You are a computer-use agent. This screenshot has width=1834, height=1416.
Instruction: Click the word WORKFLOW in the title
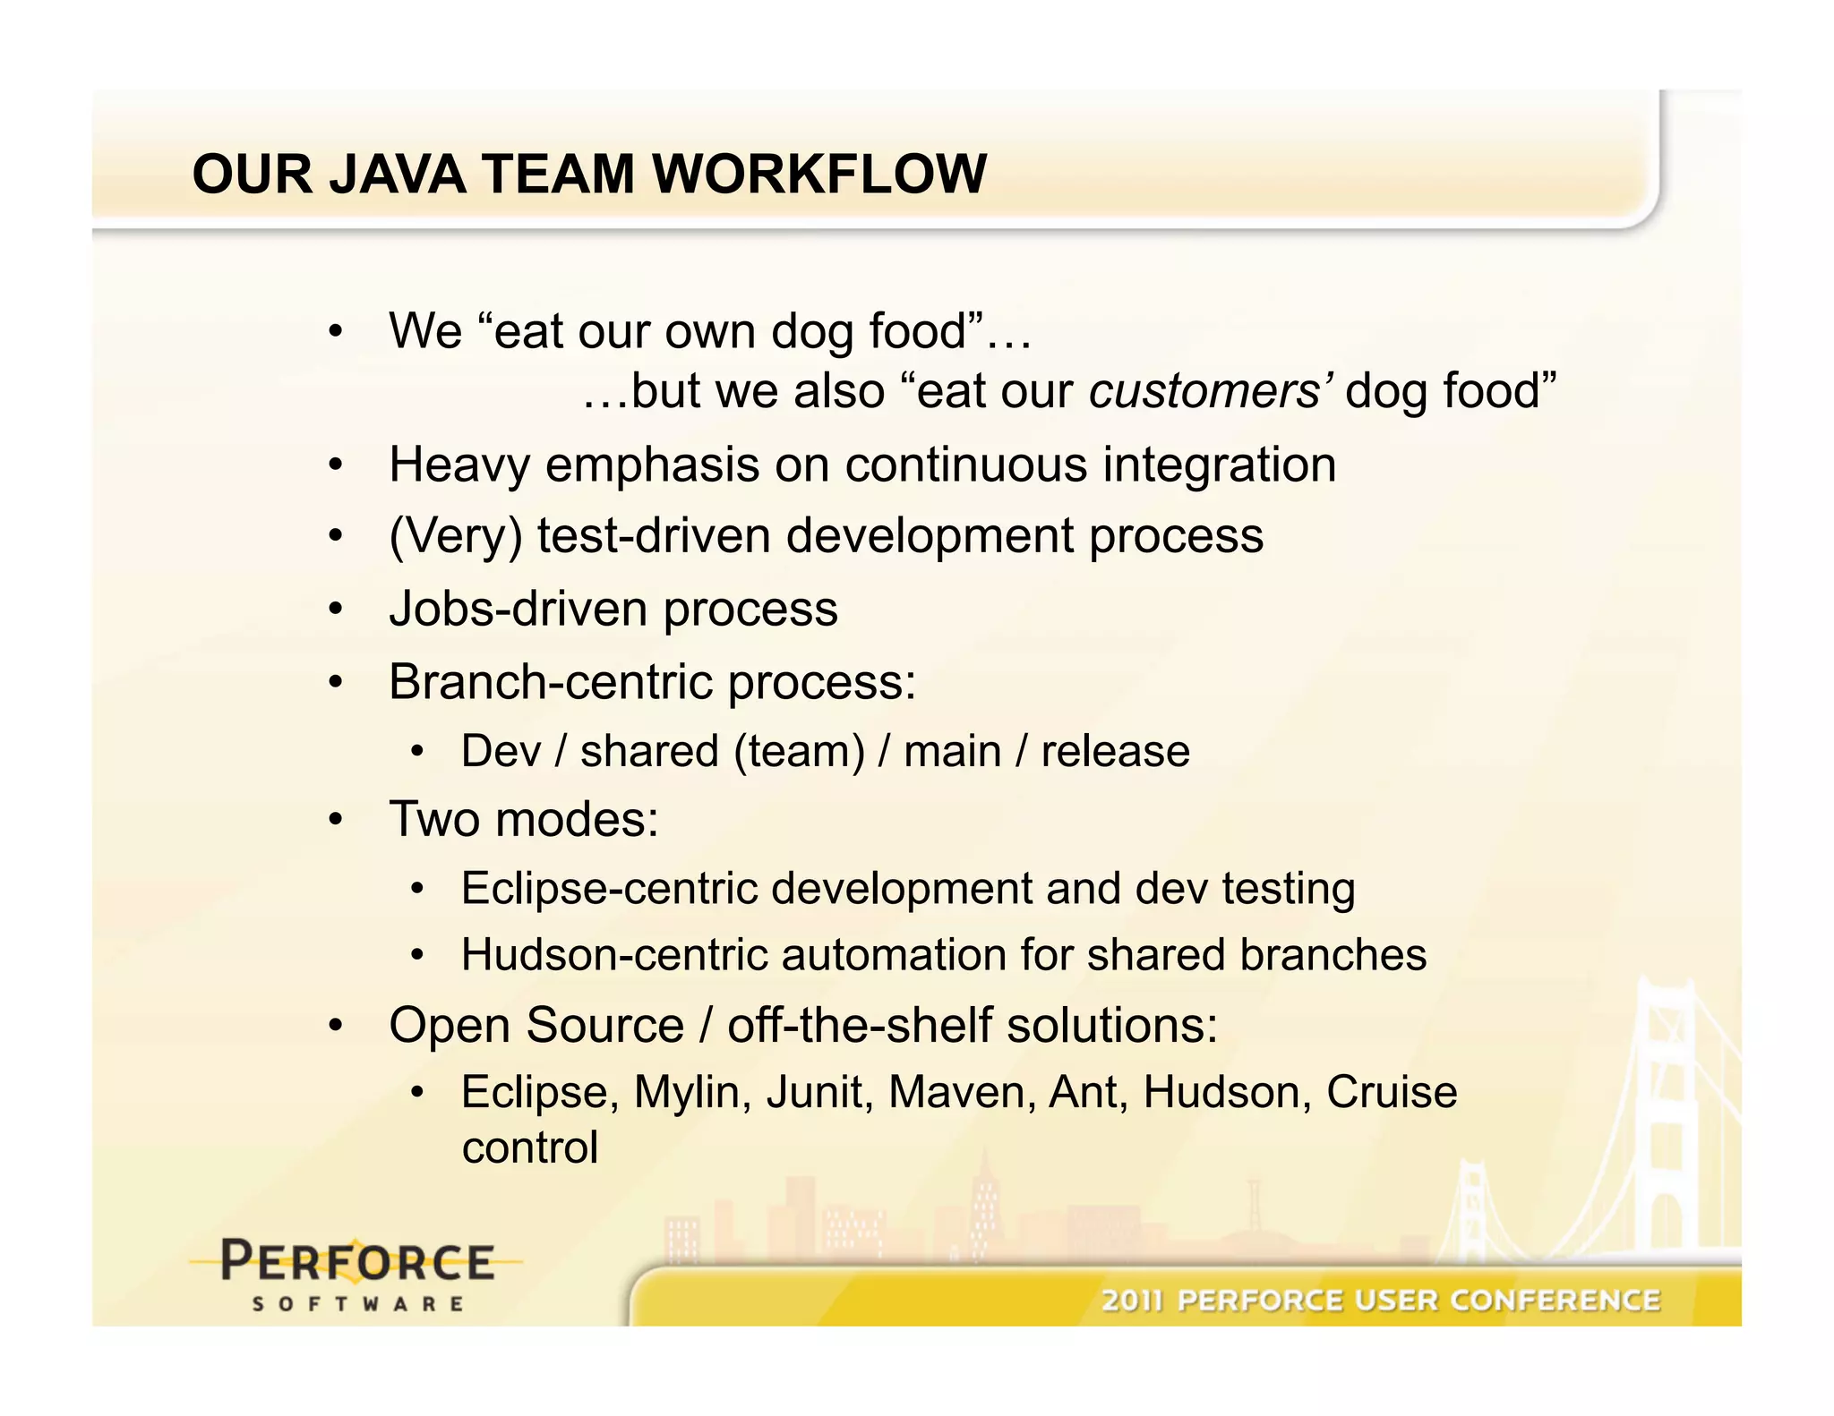[x=819, y=174]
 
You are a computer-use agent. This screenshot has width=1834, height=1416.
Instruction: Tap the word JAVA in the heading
[x=397, y=174]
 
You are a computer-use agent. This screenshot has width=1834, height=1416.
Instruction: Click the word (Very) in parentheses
[x=455, y=536]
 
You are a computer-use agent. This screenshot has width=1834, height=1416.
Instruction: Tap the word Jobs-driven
[x=518, y=609]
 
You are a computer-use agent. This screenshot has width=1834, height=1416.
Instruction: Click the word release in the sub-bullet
[x=1115, y=751]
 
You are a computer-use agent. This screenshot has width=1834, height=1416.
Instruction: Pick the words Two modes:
[x=524, y=819]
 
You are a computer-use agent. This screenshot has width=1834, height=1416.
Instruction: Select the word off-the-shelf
[x=859, y=1025]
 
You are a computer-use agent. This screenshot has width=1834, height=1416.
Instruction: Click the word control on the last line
[x=529, y=1148]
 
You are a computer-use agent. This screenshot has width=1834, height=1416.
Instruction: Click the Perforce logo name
[x=357, y=1262]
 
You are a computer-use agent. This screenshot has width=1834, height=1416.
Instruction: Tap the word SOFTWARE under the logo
[x=357, y=1304]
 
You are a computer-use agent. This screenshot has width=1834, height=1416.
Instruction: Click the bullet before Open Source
[x=335, y=1026]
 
